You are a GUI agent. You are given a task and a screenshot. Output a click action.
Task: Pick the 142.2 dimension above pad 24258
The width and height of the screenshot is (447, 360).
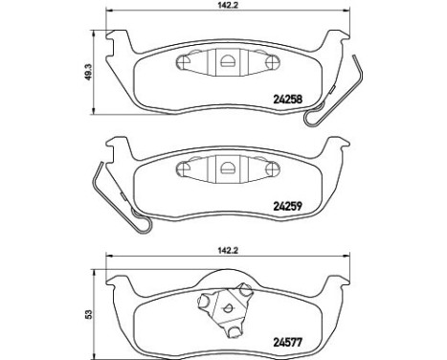[228, 7]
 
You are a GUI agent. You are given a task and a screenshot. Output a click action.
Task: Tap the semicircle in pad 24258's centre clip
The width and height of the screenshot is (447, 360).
[228, 62]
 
